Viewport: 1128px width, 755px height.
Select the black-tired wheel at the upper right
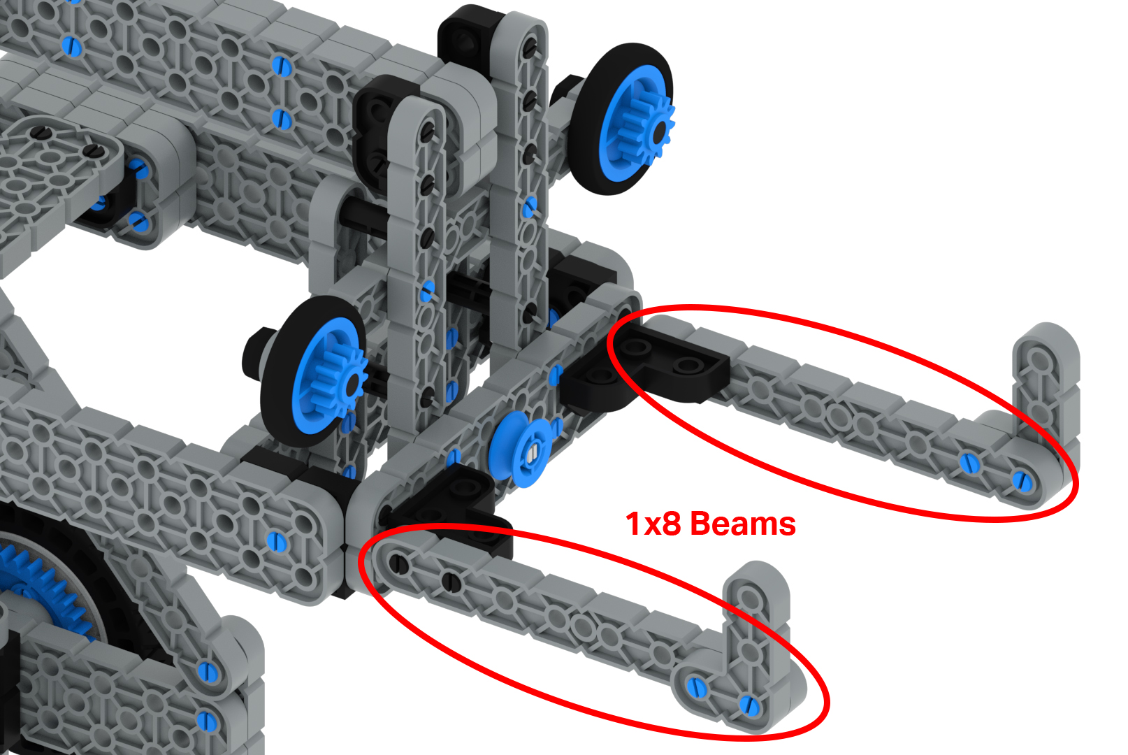pos(626,119)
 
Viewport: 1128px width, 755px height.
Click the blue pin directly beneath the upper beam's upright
pos(1022,480)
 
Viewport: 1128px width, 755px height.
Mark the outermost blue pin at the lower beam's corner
pos(749,705)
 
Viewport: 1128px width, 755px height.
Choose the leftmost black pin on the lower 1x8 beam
pos(398,563)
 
